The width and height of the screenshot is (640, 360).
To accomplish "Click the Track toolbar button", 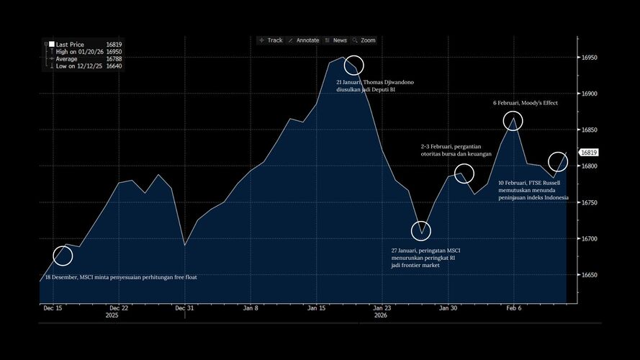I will tap(271, 40).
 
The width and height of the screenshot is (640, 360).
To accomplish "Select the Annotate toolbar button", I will tap(303, 40).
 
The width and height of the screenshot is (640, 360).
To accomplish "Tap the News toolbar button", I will tap(335, 40).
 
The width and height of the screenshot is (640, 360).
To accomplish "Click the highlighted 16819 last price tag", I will tap(589, 153).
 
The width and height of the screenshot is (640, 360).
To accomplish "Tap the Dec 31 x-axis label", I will tap(185, 307).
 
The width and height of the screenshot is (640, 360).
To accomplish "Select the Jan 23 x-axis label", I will tap(382, 307).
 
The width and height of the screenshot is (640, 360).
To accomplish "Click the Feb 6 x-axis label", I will tap(513, 307).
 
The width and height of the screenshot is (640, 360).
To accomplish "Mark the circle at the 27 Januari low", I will tap(421, 231).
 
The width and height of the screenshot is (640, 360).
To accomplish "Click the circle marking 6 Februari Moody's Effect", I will tap(513, 120).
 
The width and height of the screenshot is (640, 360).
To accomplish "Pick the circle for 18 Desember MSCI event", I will tap(63, 256).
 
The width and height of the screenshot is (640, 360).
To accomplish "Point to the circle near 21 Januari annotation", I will tap(353, 66).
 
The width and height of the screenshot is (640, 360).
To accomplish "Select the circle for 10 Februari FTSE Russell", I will tap(558, 162).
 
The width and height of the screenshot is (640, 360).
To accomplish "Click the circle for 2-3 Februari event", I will tap(464, 174).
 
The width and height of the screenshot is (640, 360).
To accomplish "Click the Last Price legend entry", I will tap(71, 44).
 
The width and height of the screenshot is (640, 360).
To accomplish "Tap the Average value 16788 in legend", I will tap(114, 58).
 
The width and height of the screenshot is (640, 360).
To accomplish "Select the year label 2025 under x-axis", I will tap(112, 315).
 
